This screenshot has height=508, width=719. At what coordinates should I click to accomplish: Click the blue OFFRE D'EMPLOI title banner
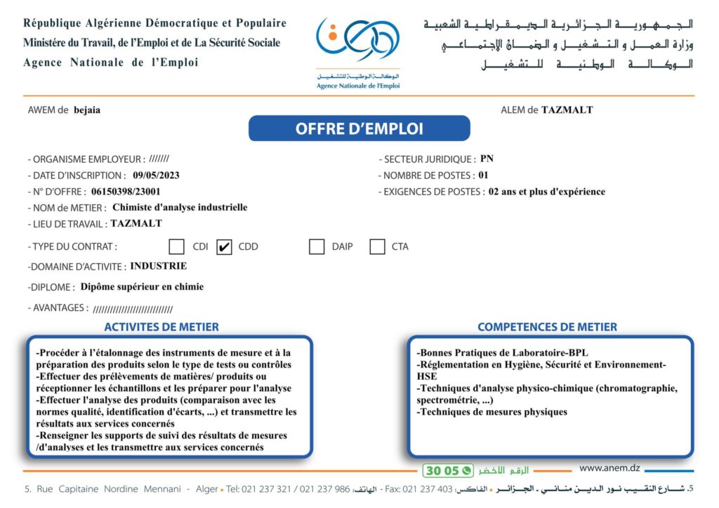(359, 128)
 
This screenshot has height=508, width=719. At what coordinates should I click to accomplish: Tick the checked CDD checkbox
(224, 247)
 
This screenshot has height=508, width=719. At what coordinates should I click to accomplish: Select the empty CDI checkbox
(176, 247)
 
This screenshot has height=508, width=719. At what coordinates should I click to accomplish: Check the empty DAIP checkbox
(317, 247)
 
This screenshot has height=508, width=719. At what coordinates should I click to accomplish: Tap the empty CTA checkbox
(377, 247)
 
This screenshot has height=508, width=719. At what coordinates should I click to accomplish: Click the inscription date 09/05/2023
(156, 175)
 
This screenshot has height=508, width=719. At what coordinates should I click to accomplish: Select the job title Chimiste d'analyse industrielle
(180, 208)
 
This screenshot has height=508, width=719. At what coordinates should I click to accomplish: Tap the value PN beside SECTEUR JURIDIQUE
(487, 159)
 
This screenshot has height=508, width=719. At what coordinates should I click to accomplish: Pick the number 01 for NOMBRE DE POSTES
(482, 175)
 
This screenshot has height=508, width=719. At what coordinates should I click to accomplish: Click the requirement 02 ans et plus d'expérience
(546, 192)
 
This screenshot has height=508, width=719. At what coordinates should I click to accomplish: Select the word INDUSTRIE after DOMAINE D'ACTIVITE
(159, 267)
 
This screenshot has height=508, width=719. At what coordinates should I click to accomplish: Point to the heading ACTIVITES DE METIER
(161, 327)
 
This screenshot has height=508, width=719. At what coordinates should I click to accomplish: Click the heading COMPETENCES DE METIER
(547, 327)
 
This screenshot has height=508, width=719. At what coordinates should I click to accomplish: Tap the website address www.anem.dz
(609, 468)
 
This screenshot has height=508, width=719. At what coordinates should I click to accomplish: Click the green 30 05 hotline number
(441, 471)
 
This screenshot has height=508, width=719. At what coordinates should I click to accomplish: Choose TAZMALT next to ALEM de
(567, 110)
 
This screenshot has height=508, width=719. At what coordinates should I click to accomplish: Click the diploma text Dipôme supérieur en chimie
(142, 287)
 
